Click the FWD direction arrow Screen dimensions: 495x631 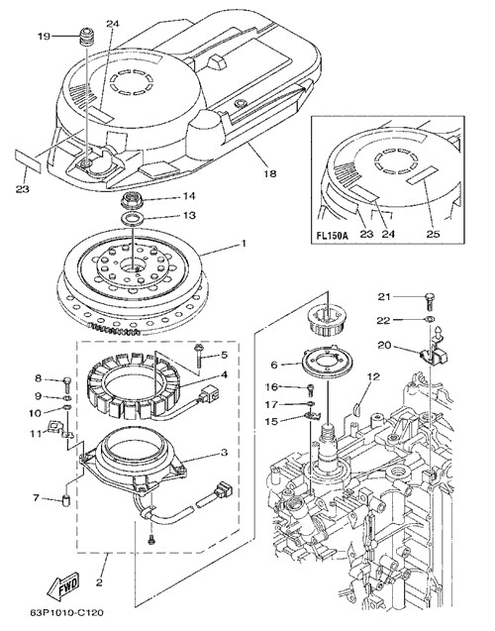tap(63, 585)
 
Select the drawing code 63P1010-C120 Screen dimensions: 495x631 tap(66, 613)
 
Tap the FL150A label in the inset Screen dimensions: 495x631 tap(332, 235)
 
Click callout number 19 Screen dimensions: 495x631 tap(44, 37)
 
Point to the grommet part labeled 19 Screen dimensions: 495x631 tap(86, 37)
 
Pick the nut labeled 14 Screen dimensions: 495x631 tap(130, 199)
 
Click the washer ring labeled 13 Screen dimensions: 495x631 tap(131, 219)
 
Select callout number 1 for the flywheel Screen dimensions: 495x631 tap(243, 244)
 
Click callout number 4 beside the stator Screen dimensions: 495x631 tap(224, 374)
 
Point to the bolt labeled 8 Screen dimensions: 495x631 tap(66, 385)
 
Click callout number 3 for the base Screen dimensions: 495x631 tap(224, 453)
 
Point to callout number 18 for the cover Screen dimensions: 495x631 tap(270, 173)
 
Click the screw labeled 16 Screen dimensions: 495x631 tap(310, 388)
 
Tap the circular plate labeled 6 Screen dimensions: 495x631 tap(328, 361)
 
